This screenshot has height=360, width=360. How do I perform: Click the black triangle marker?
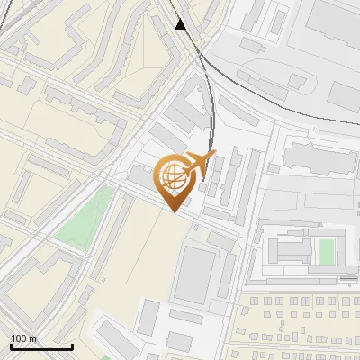pos(182,24)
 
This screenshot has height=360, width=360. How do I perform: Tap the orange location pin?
pos(174,181)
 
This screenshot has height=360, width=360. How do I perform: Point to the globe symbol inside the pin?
pos(173,175)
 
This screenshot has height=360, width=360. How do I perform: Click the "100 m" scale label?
pos(24,338)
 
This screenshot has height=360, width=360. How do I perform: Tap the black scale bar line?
pos(41,346)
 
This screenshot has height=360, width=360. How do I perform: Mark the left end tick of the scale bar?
pos(11,345)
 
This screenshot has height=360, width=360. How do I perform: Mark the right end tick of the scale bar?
pos(72,345)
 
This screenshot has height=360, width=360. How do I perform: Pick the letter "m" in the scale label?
pos(33,338)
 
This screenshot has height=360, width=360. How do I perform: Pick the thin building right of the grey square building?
pos(226,275)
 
